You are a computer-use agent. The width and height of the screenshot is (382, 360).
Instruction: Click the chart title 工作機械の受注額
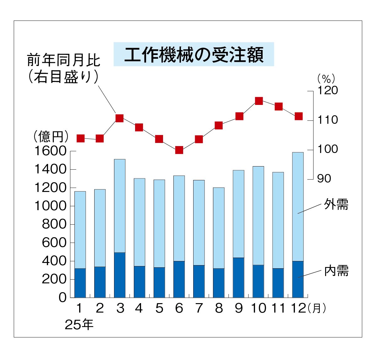click(x=194, y=55)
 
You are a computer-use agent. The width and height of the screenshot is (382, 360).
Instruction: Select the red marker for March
click(x=119, y=118)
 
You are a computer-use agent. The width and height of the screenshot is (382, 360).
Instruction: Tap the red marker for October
click(x=259, y=101)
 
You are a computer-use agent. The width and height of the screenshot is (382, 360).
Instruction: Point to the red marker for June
click(x=179, y=150)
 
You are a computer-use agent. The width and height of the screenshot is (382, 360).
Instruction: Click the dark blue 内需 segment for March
click(x=120, y=275)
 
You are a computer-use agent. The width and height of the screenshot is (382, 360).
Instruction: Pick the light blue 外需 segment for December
click(x=298, y=206)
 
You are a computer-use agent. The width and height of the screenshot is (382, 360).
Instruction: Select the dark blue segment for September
click(x=238, y=277)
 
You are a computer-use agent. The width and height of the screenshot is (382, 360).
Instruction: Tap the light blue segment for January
click(x=80, y=229)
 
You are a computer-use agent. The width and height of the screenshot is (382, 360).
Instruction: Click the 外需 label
click(x=336, y=205)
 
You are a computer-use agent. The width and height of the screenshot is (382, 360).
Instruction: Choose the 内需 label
click(x=336, y=270)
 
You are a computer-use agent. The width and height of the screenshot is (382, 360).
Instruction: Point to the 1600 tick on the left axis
click(x=50, y=151)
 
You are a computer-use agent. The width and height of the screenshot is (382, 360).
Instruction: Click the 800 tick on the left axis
click(x=54, y=224)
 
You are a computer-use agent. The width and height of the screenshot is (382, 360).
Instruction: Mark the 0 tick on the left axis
click(x=63, y=297)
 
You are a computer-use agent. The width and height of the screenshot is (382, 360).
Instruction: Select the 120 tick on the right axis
click(x=327, y=90)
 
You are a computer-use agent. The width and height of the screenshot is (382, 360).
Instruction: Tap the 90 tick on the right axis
click(x=324, y=179)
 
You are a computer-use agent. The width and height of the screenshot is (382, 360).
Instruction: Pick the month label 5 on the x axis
click(x=159, y=308)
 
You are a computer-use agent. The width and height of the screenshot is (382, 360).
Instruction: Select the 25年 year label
click(x=79, y=325)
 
